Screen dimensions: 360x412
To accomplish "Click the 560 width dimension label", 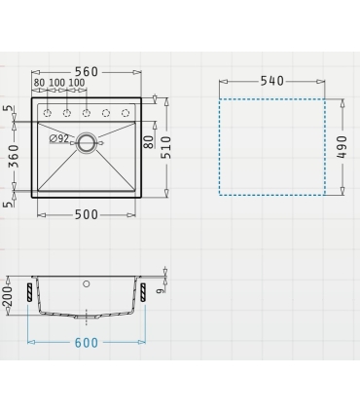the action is (87, 72).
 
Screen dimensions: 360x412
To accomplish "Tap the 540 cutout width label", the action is (272, 81).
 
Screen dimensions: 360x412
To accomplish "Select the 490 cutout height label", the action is (342, 147).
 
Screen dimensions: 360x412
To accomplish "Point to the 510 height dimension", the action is (167, 147).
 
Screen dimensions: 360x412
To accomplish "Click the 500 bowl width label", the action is (87, 214).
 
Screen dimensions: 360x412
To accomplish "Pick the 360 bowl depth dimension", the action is (14, 157).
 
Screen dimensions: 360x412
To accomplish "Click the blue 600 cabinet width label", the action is (87, 343).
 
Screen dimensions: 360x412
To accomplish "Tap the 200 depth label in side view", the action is (7, 296).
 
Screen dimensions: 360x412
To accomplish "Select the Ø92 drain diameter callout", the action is (59, 139).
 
